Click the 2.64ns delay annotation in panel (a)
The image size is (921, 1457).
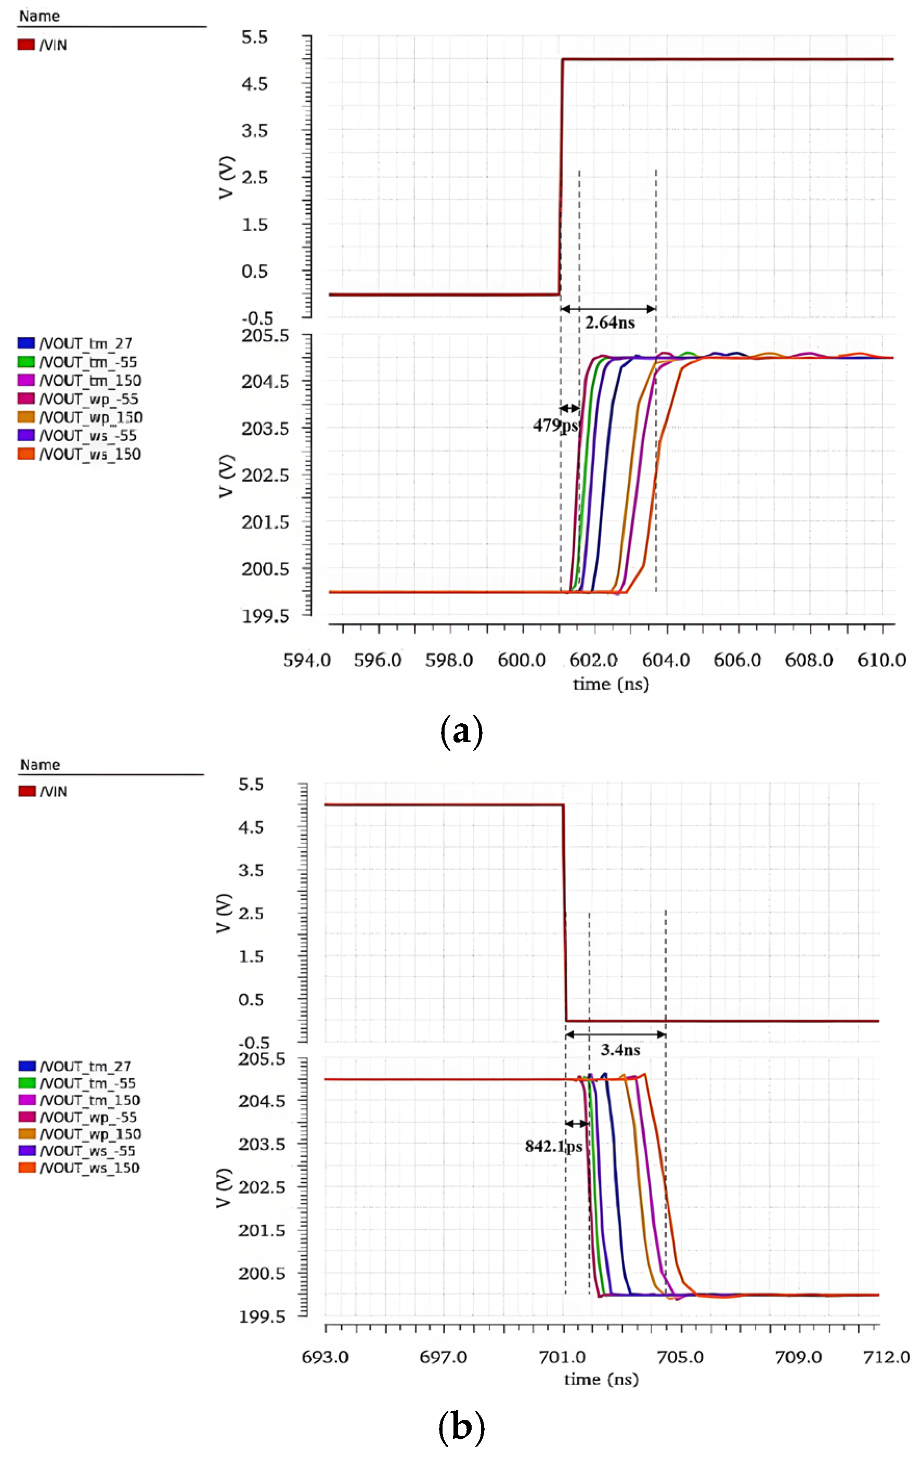pyautogui.click(x=609, y=323)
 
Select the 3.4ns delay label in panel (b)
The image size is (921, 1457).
pyautogui.click(x=620, y=1050)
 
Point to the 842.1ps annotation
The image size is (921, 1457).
pyautogui.click(x=553, y=1146)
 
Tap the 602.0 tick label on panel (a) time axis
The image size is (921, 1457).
pyautogui.click(x=593, y=660)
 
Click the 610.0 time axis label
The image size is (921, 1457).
pyautogui.click(x=881, y=660)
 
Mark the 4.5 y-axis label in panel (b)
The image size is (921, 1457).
pyautogui.click(x=251, y=827)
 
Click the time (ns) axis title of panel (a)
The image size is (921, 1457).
pyautogui.click(x=611, y=684)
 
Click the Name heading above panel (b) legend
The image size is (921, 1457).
pyautogui.click(x=40, y=765)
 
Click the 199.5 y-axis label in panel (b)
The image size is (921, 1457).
pyautogui.click(x=261, y=1317)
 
